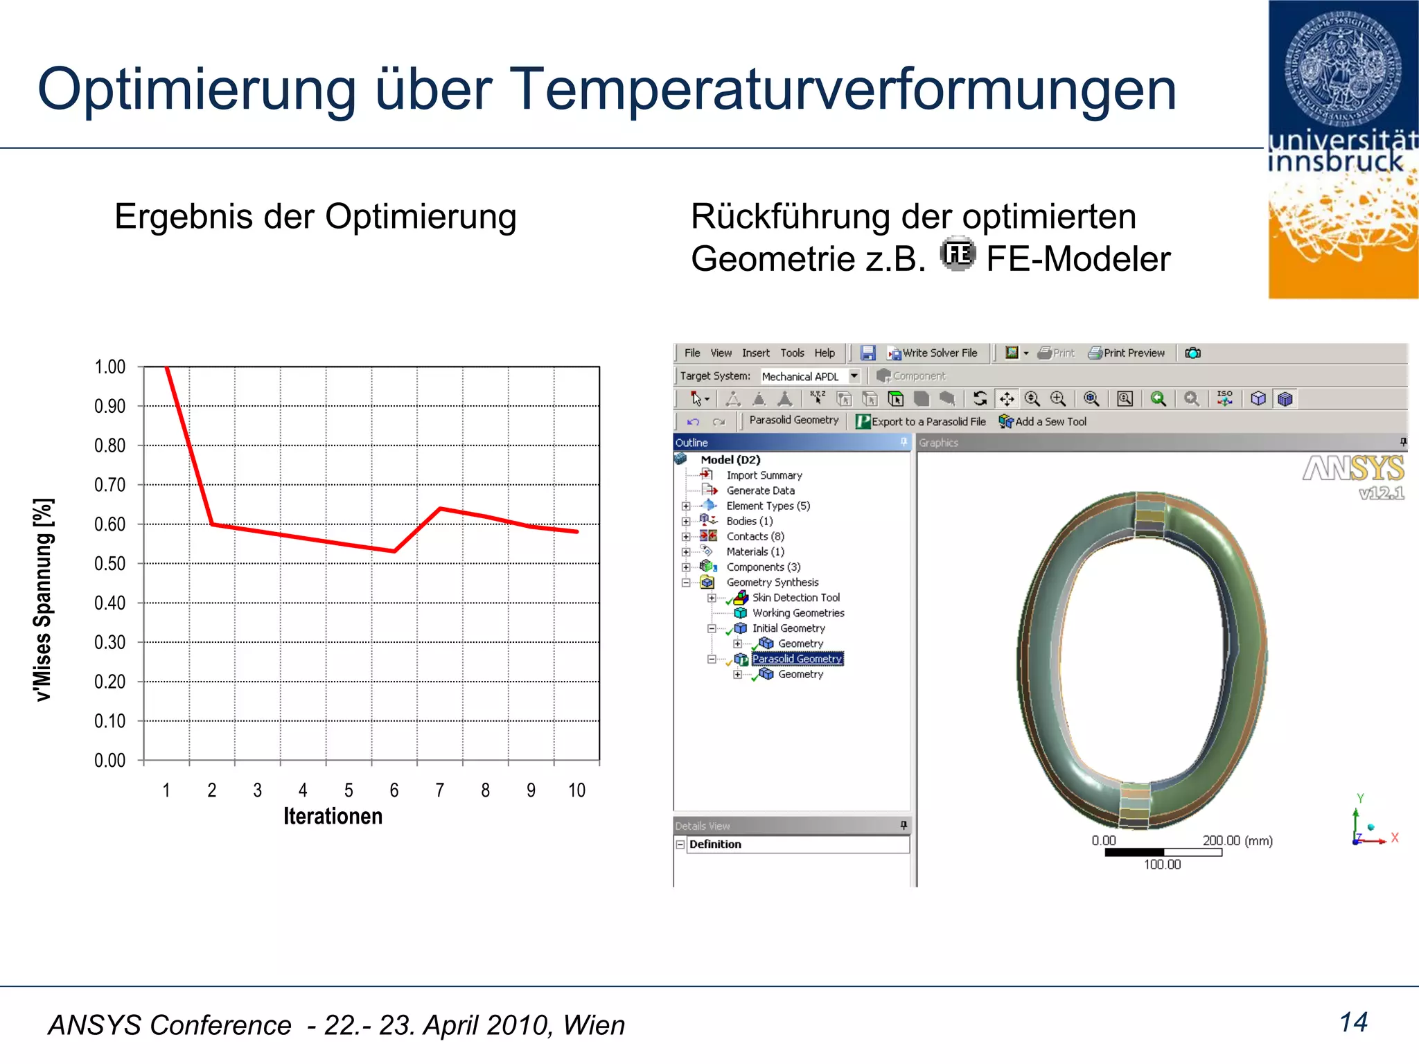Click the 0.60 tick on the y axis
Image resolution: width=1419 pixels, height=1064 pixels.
coord(110,524)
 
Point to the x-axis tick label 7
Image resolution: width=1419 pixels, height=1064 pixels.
coord(440,790)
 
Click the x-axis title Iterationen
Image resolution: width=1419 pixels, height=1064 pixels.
coord(333,817)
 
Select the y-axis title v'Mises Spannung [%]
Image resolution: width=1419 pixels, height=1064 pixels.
coord(44,599)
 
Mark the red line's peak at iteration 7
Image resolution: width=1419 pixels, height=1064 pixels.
coord(441,509)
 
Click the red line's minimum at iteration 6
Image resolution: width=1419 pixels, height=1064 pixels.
coord(394,551)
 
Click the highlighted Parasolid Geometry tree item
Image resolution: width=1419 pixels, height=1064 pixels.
coord(797,659)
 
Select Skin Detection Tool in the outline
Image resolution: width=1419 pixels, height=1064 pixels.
coord(795,598)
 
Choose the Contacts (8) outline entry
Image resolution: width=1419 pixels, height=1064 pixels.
coord(755,537)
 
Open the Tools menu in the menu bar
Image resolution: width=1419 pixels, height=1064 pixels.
coord(792,353)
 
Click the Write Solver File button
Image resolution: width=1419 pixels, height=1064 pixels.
coord(933,353)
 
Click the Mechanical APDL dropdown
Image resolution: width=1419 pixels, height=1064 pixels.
coord(810,376)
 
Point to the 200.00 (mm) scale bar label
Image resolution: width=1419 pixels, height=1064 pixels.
coord(1237,841)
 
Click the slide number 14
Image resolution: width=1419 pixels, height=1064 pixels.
coord(1353,1022)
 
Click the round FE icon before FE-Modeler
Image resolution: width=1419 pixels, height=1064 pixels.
coord(958,254)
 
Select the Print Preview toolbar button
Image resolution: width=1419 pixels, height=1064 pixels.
coord(1127,353)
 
